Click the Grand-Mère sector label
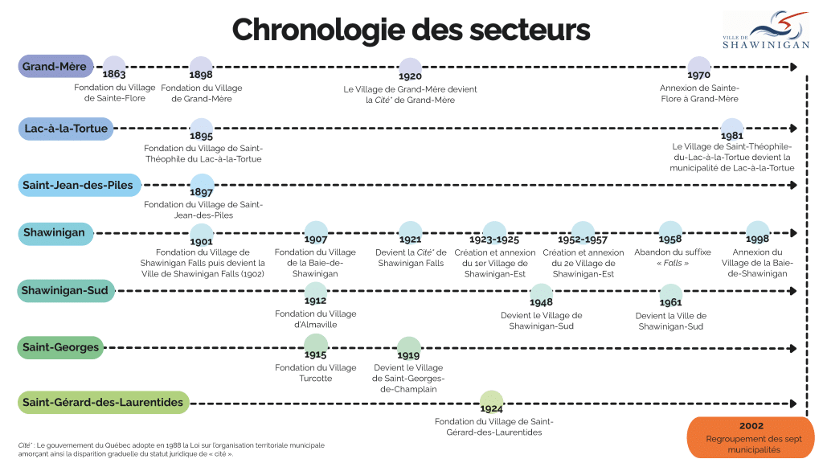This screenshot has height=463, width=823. (55, 67)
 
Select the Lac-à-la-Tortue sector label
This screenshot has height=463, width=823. (66, 129)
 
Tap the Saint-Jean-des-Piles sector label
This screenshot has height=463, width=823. (78, 186)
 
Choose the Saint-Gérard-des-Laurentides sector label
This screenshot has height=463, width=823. (103, 402)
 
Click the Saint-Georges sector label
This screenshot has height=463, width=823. (61, 348)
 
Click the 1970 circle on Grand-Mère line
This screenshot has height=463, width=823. (698, 69)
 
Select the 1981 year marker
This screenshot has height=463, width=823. (731, 130)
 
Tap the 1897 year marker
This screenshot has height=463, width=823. (201, 187)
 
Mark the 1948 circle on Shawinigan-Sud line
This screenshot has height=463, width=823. (541, 297)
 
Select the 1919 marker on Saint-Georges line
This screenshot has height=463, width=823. (408, 349)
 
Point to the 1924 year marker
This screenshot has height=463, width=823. (491, 403)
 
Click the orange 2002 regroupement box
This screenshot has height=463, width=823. (751, 437)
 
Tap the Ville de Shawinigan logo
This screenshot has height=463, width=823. (765, 31)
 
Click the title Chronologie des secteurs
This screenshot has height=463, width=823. (411, 30)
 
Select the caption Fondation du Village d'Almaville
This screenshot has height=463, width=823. (316, 319)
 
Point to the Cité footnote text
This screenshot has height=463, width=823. (171, 449)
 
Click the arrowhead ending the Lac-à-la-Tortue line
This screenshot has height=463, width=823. (793, 128)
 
